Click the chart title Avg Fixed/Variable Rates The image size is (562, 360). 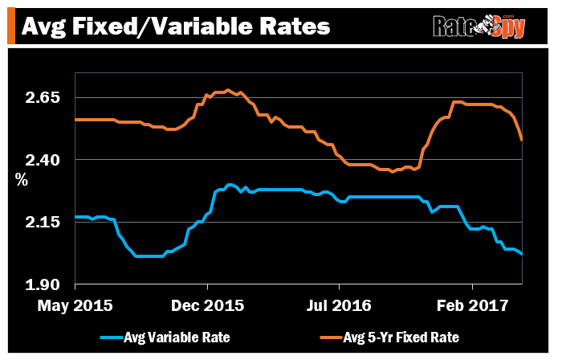175,26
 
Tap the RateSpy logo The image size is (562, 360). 479,27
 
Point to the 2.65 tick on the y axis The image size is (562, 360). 44,97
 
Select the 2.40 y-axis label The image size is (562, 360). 44,160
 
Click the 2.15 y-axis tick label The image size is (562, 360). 44,222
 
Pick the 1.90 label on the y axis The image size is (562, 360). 44,284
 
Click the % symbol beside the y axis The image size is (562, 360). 22,180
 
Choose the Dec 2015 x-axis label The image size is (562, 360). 207,306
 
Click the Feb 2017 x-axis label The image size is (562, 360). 472,306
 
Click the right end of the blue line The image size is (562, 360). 523,254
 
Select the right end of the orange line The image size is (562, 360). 523,140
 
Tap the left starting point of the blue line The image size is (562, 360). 75,217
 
